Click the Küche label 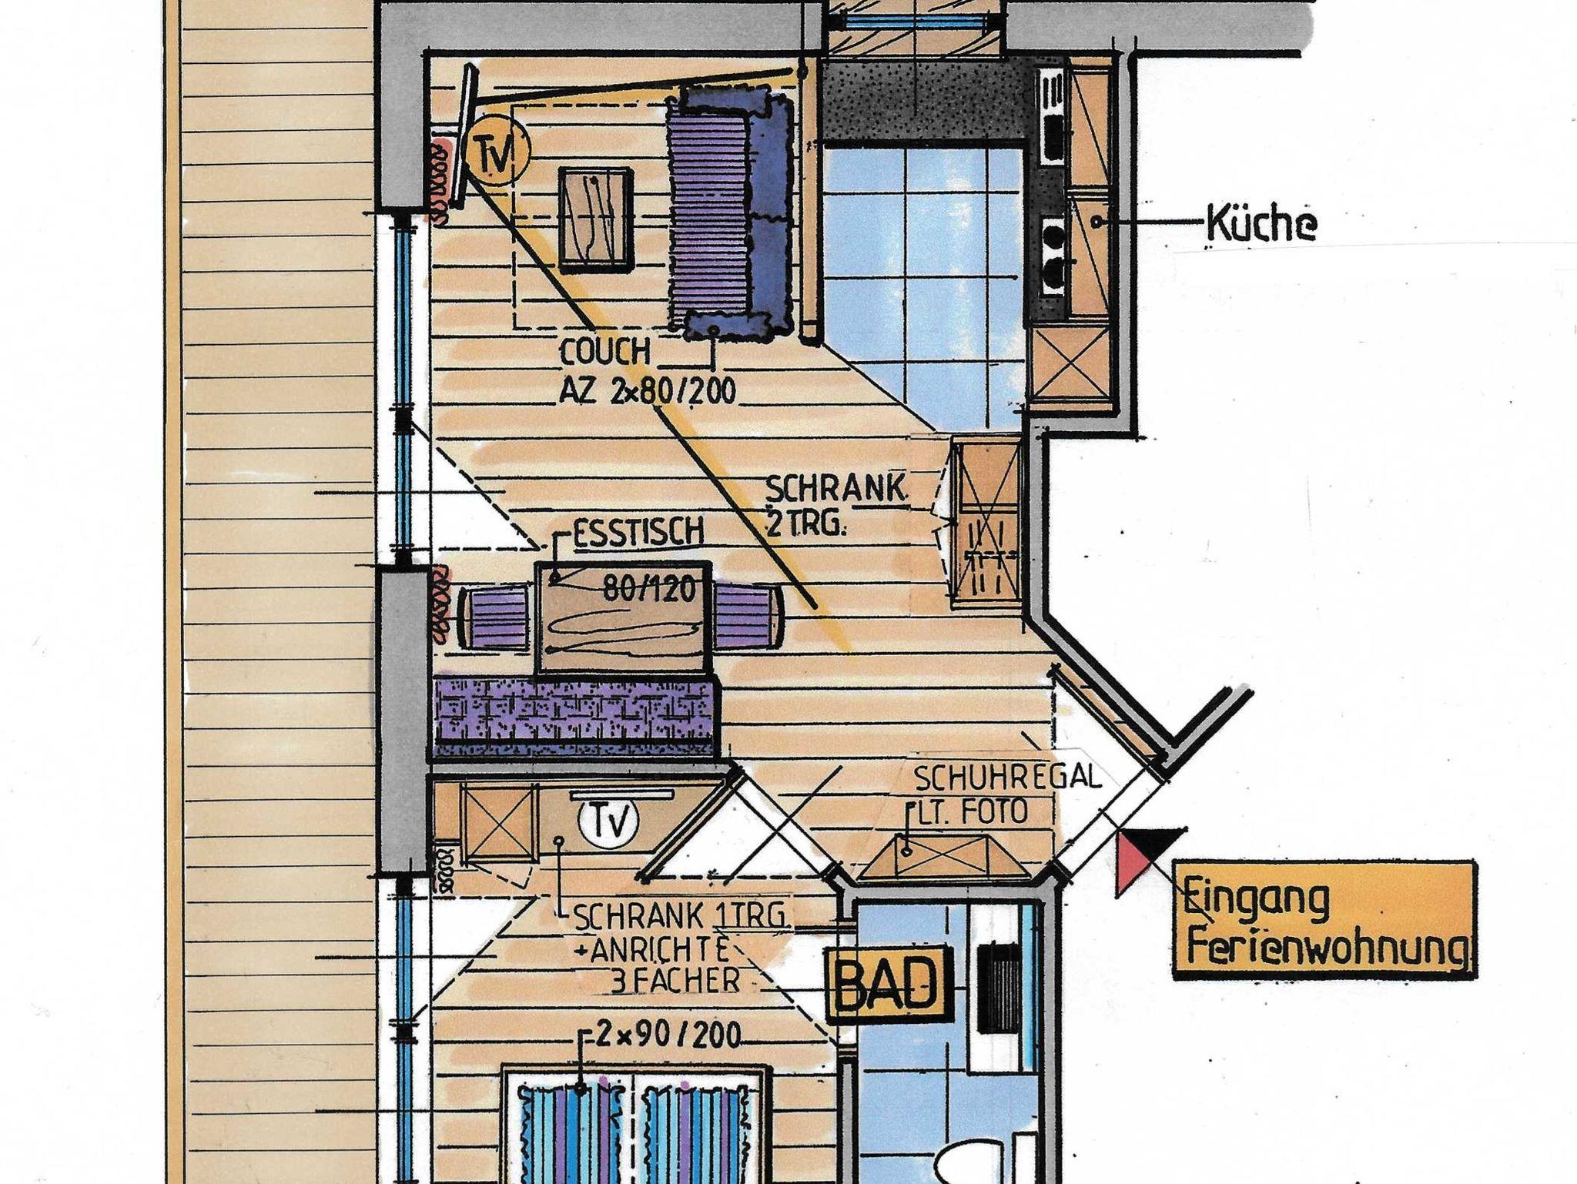(x=1261, y=224)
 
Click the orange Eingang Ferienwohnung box (x=1324, y=921)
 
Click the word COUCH (x=605, y=353)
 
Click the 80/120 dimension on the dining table (x=649, y=589)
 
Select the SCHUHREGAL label (x=1008, y=778)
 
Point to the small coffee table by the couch (x=596, y=219)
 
